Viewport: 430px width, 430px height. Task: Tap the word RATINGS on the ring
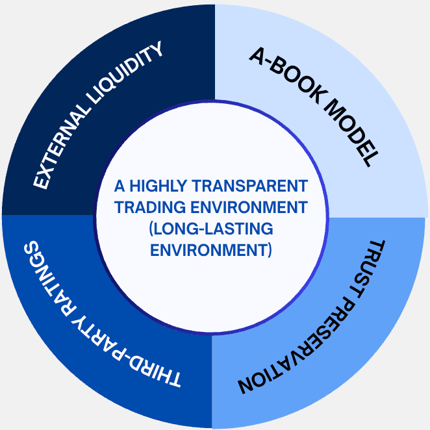[x=52, y=279]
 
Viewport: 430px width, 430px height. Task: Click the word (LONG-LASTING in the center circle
[x=210, y=229]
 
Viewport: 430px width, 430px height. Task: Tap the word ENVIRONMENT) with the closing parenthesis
[x=210, y=249]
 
